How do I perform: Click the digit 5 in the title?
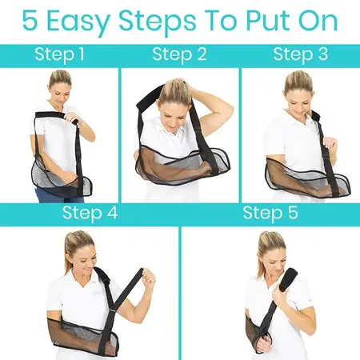(33, 22)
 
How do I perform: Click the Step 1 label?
(61, 55)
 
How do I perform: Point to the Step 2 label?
(179, 55)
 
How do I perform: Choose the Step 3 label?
(300, 55)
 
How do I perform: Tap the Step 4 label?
(90, 213)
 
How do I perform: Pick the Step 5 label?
(270, 213)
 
